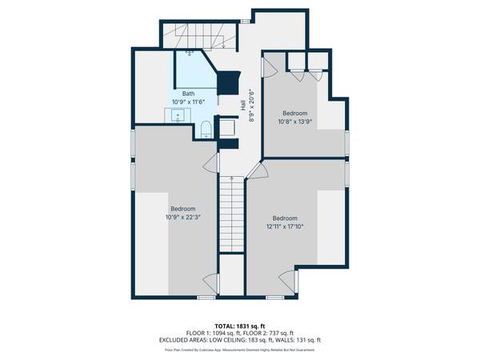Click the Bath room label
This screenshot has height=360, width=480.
pos(187,94)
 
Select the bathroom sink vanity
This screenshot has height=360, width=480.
pos(177,117)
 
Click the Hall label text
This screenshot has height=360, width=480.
pos(242,106)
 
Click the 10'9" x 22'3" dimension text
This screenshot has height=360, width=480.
pos(182,217)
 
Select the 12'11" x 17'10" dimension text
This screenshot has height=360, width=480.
pos(285,226)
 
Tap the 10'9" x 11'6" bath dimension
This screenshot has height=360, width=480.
pos(187,102)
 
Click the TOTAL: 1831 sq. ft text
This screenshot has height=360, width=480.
pos(239,324)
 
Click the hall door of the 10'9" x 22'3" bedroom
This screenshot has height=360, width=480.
pos(212,163)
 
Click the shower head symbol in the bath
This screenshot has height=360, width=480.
pos(190,54)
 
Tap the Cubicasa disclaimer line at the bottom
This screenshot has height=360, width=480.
pos(239,349)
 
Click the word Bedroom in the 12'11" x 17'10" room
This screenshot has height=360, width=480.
pos(285,218)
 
